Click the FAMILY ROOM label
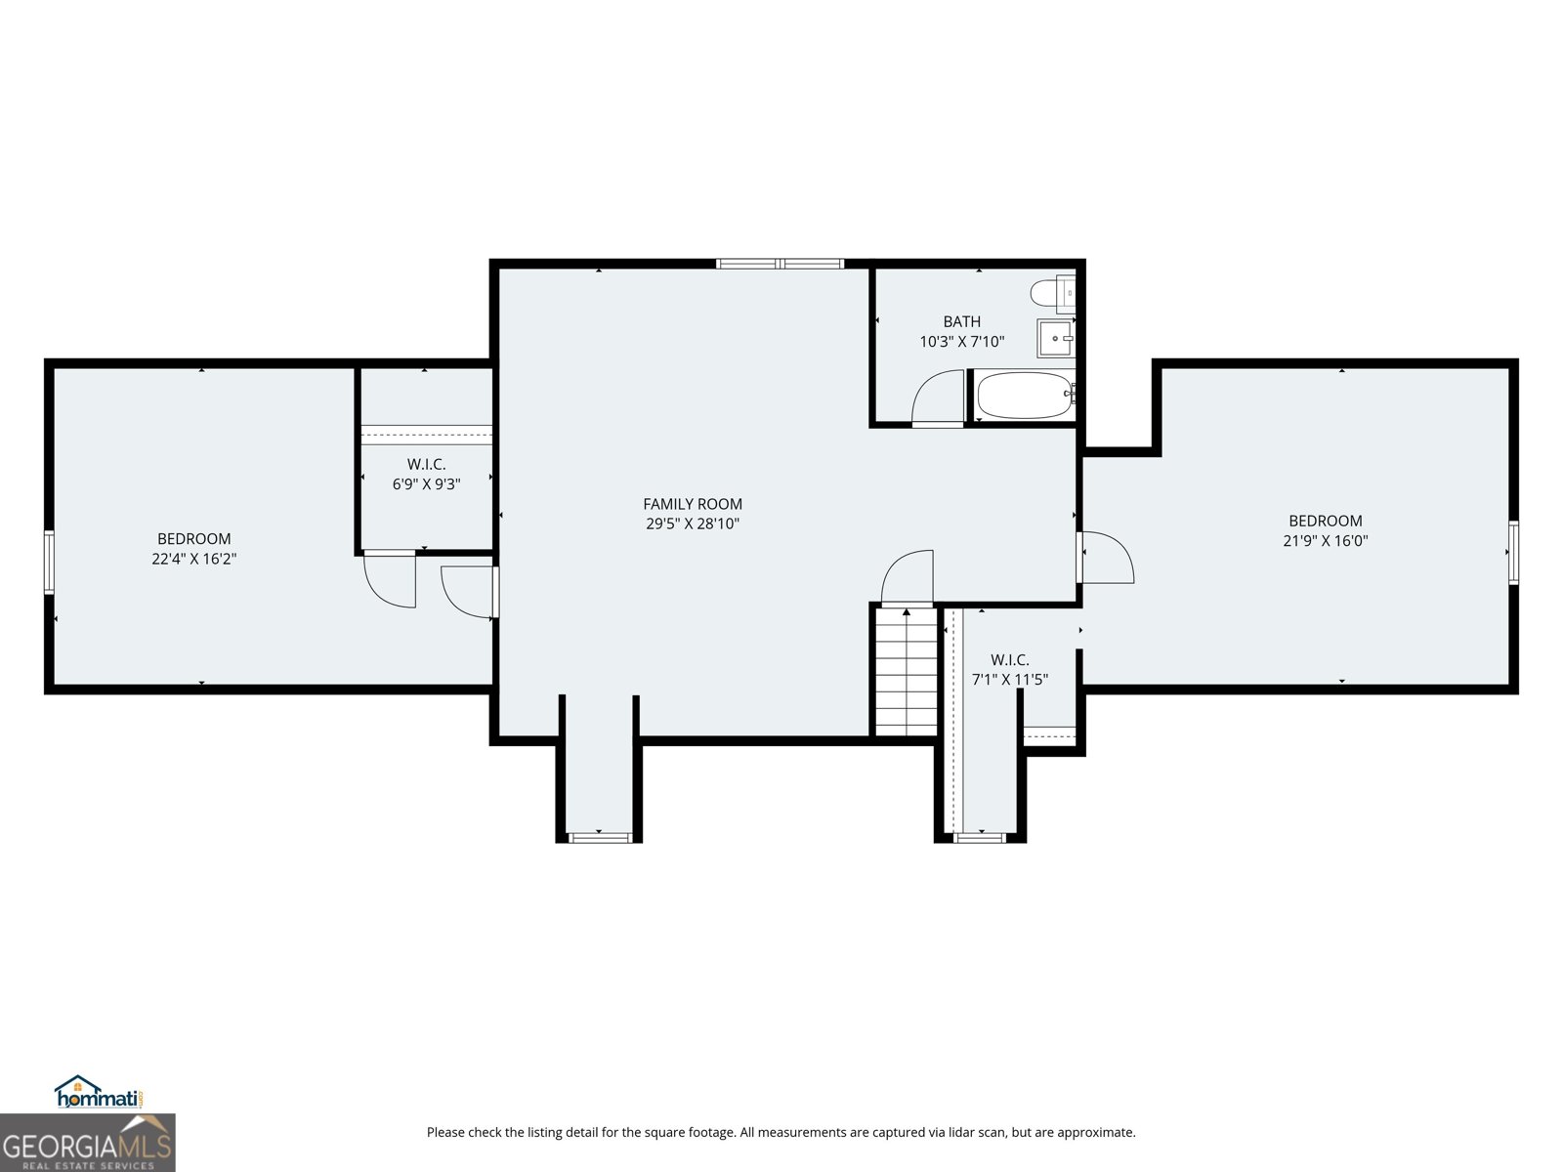(x=692, y=504)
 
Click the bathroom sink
(x=1055, y=339)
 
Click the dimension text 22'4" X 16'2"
(x=193, y=560)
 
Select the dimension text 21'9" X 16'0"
(x=1325, y=541)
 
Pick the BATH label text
(x=961, y=321)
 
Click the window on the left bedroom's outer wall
(x=49, y=562)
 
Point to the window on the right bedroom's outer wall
(x=1513, y=553)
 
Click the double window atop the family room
(x=780, y=264)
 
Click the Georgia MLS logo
(x=87, y=1143)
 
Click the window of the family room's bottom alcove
(x=599, y=837)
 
